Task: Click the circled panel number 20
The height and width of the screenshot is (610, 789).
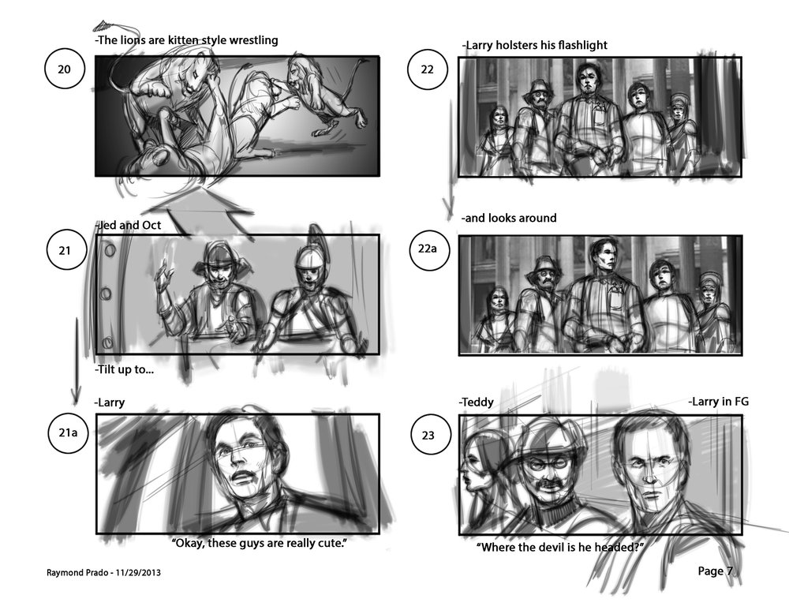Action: click(x=65, y=69)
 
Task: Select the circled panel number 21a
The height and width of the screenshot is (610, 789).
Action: click(x=68, y=432)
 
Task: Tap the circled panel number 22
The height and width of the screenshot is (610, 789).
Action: click(x=427, y=69)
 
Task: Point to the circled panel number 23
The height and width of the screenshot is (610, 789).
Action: click(x=428, y=436)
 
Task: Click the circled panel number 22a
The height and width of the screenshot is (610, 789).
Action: click(x=427, y=249)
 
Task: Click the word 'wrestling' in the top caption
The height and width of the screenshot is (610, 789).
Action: click(x=253, y=40)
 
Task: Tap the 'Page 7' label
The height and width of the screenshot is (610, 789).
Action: click(x=715, y=571)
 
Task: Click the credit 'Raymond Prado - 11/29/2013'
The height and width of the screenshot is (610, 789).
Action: click(x=103, y=572)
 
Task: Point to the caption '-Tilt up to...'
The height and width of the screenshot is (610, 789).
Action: click(x=125, y=369)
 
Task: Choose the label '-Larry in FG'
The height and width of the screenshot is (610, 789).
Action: click(x=718, y=401)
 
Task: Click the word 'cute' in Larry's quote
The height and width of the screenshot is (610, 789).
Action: click(x=330, y=543)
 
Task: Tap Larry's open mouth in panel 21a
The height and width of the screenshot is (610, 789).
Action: click(x=244, y=476)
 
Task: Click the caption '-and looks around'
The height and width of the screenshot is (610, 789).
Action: click(x=509, y=218)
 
